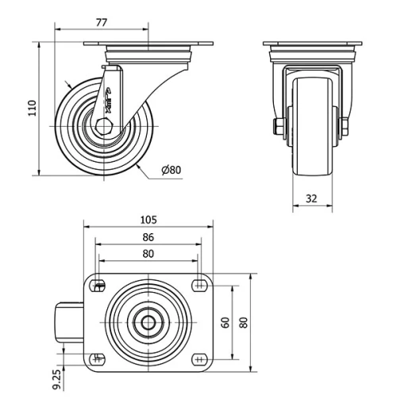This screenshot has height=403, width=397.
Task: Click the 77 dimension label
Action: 101,23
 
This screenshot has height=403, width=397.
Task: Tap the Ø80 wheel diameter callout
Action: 172,171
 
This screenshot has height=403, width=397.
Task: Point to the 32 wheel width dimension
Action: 311,198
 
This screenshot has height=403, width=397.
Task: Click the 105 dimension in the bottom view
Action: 148,219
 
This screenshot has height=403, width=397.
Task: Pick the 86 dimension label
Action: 148,236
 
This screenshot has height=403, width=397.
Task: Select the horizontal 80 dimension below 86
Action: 148,254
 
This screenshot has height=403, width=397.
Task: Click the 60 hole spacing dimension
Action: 225,322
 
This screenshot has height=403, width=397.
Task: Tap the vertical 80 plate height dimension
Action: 244,322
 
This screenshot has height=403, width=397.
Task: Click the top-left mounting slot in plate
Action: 98,286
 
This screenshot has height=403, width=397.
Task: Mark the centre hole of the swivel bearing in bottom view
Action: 148,323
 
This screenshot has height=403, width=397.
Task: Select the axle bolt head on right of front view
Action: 347,127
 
